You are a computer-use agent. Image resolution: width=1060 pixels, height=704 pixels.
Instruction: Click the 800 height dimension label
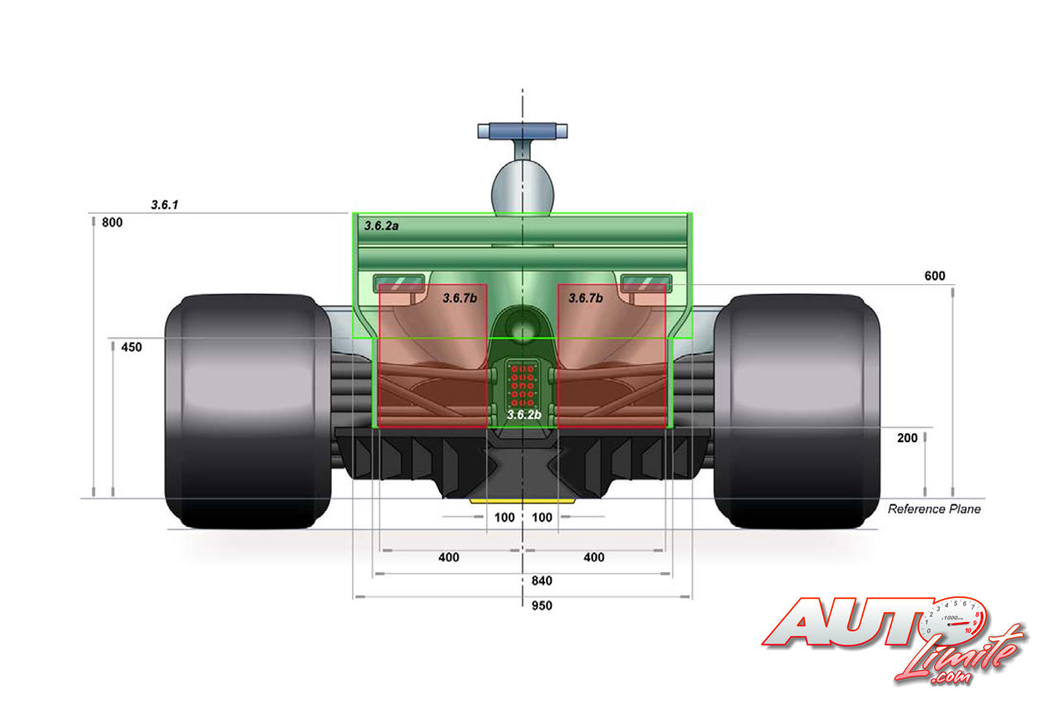click(112, 222)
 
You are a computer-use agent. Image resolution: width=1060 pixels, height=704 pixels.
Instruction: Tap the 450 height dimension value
click(132, 347)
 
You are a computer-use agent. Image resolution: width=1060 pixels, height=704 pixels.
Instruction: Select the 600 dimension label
click(935, 276)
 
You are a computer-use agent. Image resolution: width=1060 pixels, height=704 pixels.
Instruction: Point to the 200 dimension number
click(907, 438)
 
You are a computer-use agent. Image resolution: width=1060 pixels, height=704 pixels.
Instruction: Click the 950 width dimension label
click(542, 605)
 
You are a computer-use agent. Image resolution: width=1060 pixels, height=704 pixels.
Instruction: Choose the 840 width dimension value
click(542, 581)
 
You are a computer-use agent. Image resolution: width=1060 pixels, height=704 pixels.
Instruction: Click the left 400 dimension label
click(449, 557)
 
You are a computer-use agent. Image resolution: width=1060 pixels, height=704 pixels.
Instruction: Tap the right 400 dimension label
click(594, 557)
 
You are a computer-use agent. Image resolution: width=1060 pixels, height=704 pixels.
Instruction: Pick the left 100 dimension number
click(504, 518)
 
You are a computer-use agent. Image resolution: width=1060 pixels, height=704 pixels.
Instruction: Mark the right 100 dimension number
click(542, 518)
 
